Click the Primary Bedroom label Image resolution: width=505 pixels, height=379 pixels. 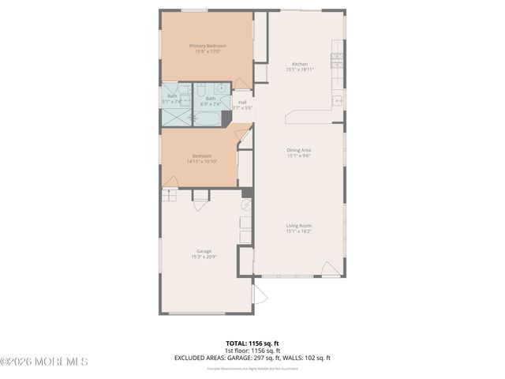[208, 46]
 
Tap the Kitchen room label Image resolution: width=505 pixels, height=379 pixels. [299, 64]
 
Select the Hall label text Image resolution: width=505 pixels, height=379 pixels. [241, 102]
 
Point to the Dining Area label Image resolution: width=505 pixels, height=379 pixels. [298, 150]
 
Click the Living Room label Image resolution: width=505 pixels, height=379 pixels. [298, 226]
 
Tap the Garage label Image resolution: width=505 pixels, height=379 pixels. [204, 251]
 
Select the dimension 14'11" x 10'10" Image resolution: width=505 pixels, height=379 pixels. [202, 161]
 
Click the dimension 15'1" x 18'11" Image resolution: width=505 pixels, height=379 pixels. [299, 69]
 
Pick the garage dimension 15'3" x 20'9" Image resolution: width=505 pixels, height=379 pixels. [204, 257]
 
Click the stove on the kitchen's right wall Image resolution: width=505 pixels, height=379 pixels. [337, 59]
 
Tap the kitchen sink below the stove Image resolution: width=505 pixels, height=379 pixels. [338, 100]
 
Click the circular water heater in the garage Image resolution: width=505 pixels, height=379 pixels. [245, 204]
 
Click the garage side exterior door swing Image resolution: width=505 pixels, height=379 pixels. [259, 295]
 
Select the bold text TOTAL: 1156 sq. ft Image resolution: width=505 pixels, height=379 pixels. [252, 343]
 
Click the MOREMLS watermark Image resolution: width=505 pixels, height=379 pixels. [44, 362]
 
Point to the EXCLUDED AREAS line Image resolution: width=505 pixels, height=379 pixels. [252, 358]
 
